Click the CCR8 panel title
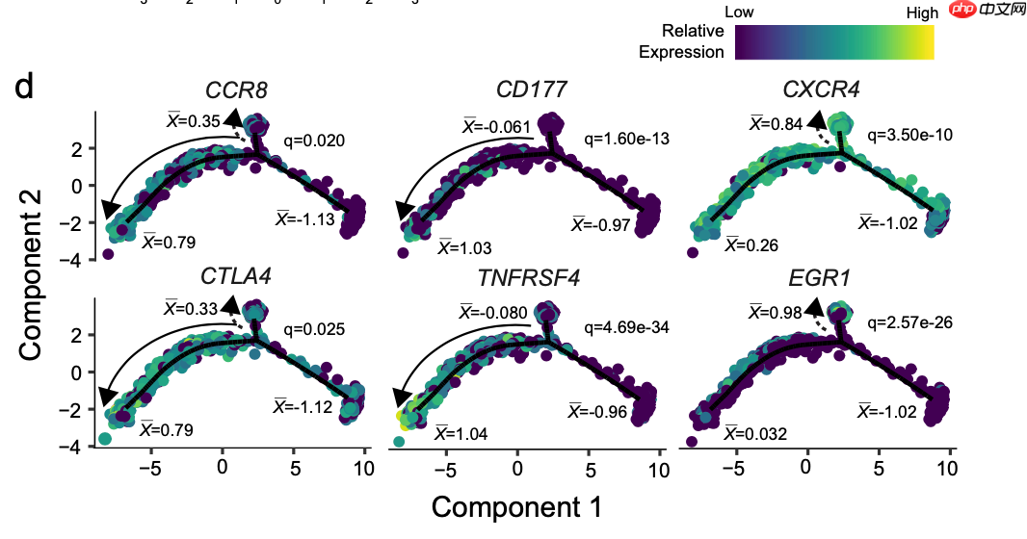[236, 90]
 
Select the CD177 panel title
[531, 90]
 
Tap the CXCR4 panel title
[821, 90]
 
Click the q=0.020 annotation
[314, 141]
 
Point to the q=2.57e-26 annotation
[910, 321]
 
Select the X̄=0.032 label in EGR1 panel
[756, 434]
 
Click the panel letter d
[26, 87]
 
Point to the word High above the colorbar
[922, 13]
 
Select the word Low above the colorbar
[739, 13]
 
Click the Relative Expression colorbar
[833, 42]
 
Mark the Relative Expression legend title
[681, 41]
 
